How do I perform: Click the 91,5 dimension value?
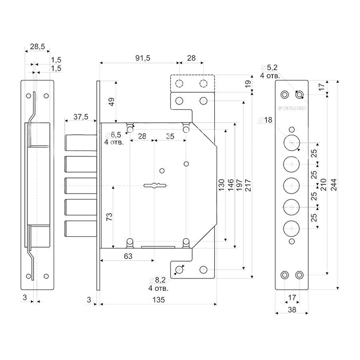click(143, 58)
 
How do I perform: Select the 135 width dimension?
click(159, 300)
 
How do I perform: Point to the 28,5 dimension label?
click(37, 46)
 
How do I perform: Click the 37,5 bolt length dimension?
click(81, 117)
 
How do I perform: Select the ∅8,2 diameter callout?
click(158, 280)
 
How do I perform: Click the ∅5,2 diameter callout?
click(269, 68)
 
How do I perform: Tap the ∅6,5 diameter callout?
click(113, 135)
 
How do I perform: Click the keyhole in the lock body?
click(155, 185)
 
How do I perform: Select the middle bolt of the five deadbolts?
click(81, 185)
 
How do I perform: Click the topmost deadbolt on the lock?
click(81, 143)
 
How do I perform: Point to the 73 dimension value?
click(109, 217)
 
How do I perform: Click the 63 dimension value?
click(128, 256)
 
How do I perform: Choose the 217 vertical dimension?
click(248, 185)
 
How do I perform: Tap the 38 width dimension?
click(292, 310)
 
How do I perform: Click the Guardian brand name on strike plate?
click(292, 108)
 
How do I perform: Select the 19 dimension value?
click(248, 84)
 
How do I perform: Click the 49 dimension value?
click(112, 102)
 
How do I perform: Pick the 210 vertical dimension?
click(323, 185)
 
